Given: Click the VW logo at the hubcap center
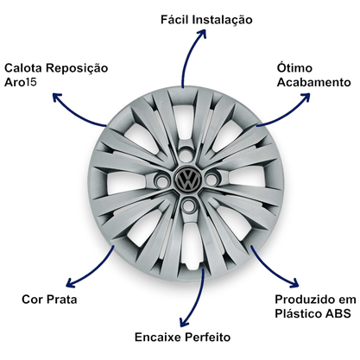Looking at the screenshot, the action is (x=188, y=179).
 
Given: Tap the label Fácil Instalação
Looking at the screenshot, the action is (x=206, y=20).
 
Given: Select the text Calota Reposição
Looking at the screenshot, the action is (x=56, y=68).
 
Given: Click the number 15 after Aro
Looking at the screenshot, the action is (x=31, y=82).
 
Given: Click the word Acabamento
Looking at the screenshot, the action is (x=313, y=82).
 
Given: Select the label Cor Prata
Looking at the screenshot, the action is (x=49, y=300).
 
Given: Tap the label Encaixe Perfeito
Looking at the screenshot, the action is (x=182, y=337).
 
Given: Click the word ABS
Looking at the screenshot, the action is (x=338, y=313).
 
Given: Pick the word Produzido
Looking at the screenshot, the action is (x=306, y=300).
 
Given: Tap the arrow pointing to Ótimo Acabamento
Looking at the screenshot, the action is (x=287, y=115).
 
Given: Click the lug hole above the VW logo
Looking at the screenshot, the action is (x=186, y=155).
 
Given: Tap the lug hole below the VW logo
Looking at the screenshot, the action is (x=188, y=205).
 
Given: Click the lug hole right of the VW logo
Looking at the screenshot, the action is (x=212, y=180).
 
